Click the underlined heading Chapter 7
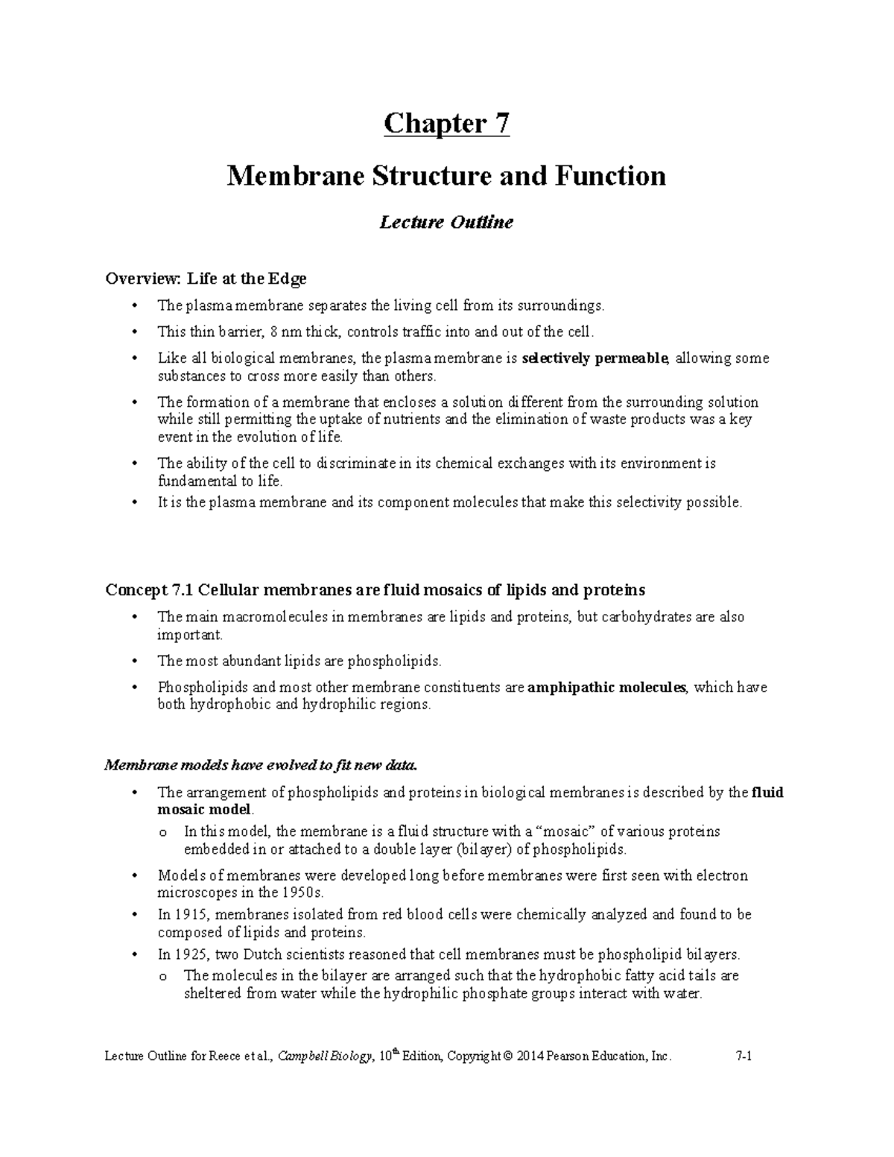(446, 124)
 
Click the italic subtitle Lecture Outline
(446, 222)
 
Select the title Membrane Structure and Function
(446, 176)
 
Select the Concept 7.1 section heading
(375, 590)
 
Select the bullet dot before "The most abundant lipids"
(134, 661)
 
